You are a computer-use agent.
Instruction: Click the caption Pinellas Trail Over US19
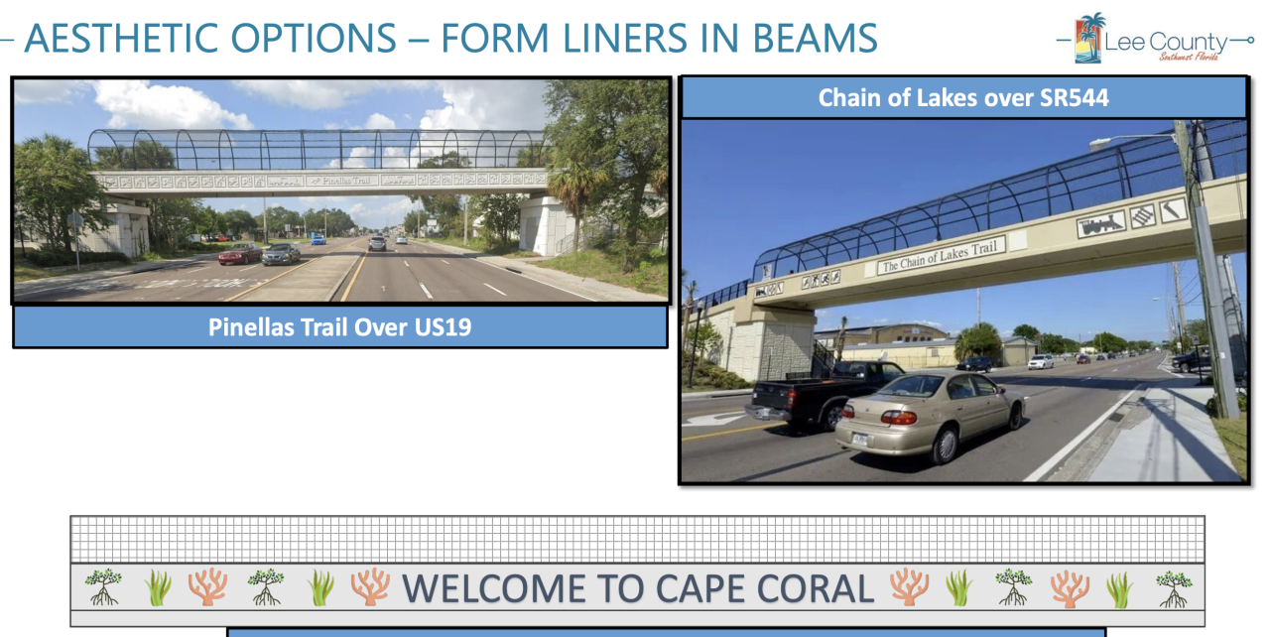(339, 326)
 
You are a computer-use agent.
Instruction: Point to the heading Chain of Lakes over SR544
(962, 97)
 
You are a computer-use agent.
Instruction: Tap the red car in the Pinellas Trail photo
(240, 255)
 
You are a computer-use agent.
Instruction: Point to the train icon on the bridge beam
(1101, 224)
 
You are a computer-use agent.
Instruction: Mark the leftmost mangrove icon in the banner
(103, 587)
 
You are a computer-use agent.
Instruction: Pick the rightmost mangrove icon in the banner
(1173, 588)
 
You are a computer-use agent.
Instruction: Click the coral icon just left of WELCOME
(370, 587)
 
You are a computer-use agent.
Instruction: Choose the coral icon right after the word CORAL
(908, 587)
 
